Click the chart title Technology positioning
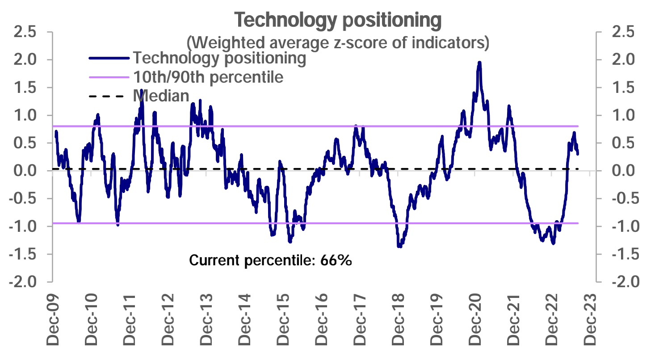click(x=338, y=21)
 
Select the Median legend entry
click(x=161, y=96)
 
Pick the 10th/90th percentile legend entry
click(x=208, y=77)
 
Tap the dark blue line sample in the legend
click(x=109, y=58)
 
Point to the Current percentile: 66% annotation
click(x=271, y=260)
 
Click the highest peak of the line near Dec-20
click(x=479, y=63)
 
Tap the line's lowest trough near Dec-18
click(x=399, y=246)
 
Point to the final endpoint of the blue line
click(x=578, y=154)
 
